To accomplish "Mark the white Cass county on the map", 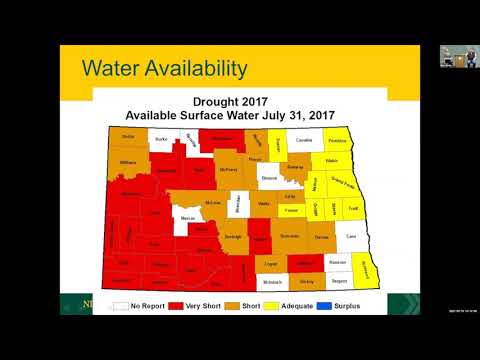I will point(350,237).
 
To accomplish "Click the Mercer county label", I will point(186,219).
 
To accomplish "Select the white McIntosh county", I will point(271,282).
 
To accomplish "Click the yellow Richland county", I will point(367,266).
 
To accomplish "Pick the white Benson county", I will point(268,178).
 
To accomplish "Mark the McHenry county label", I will point(228,170).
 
